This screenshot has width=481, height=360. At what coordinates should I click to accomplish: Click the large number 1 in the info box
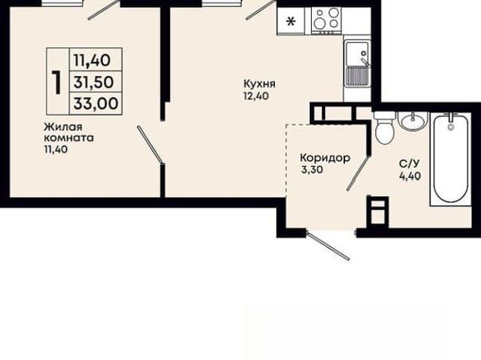(56, 82)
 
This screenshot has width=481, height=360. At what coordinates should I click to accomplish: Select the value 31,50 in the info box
(94, 82)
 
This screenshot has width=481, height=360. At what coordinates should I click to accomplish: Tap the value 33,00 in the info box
(95, 103)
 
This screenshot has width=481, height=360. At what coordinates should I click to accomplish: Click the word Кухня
(259, 84)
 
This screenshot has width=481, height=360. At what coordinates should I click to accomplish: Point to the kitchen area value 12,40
(256, 96)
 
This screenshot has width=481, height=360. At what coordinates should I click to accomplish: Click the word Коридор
(325, 159)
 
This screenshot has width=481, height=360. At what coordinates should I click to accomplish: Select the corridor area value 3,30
(312, 170)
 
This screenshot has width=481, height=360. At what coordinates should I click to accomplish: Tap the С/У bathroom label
(409, 165)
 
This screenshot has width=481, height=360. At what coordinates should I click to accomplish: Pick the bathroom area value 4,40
(410, 176)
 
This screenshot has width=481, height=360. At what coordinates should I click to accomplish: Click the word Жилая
(63, 127)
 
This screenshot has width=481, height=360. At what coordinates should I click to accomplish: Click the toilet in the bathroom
(384, 128)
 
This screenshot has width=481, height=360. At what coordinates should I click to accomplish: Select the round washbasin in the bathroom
(413, 120)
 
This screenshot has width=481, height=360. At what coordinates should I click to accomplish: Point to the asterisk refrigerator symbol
(291, 22)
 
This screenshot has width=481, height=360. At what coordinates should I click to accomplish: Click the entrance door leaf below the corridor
(328, 246)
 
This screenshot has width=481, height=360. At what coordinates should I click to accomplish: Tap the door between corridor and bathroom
(358, 174)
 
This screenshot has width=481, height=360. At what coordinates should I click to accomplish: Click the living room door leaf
(150, 145)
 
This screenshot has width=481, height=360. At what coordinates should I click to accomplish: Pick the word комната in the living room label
(69, 138)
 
